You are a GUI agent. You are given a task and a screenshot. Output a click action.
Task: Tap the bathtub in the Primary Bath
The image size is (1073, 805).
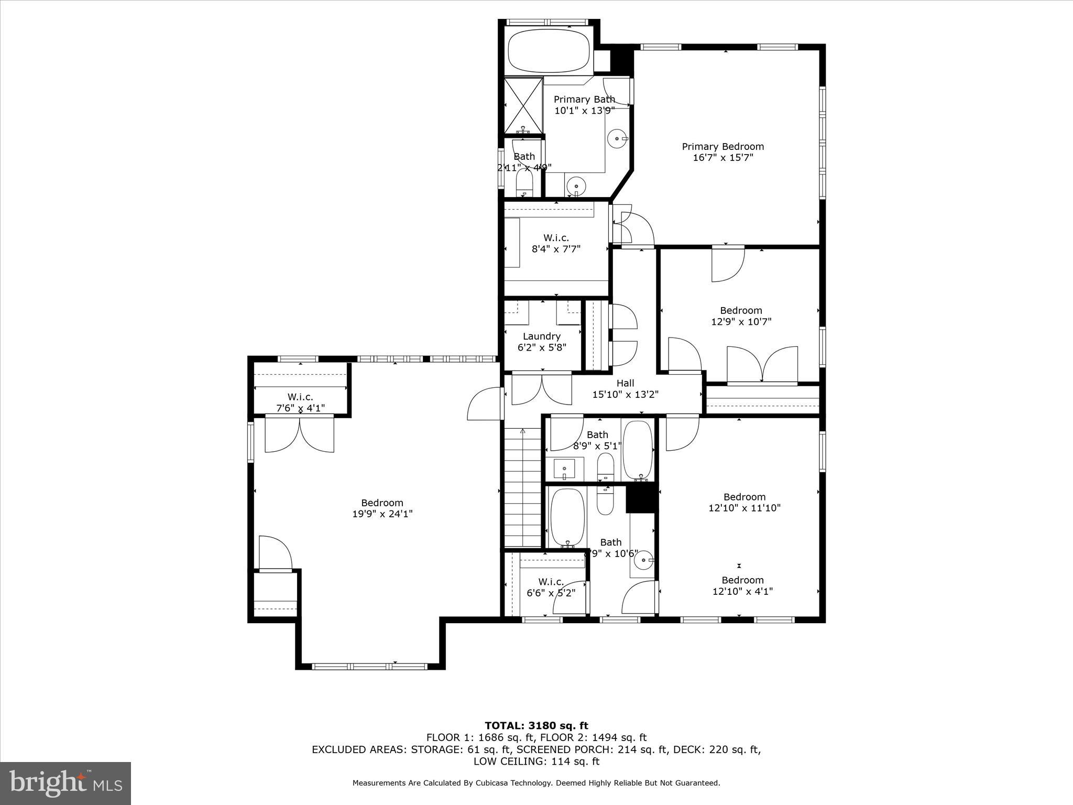point(549,50)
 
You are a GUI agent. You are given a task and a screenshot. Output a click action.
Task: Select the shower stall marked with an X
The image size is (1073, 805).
point(523,104)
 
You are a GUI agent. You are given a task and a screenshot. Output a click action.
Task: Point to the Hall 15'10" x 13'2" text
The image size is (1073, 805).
point(625,389)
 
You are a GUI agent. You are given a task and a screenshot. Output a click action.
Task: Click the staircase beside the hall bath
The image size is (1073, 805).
point(522,487)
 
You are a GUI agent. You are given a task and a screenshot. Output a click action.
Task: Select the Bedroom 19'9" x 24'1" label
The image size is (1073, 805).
point(382,508)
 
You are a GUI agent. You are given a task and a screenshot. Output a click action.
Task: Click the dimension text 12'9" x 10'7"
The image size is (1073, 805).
point(741,322)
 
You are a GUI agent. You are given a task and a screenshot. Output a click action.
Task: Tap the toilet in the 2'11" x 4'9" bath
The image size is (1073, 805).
point(524,183)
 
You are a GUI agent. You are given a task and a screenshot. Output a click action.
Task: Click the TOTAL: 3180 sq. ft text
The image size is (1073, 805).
point(536,726)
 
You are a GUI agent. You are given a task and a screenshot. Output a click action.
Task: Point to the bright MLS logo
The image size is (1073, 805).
point(65,783)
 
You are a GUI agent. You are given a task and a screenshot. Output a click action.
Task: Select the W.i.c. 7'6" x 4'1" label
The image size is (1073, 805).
point(300,402)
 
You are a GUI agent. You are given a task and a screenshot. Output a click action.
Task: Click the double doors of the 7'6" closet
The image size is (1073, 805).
point(300,434)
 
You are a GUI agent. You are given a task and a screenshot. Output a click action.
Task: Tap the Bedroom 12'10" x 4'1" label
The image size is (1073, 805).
point(742,585)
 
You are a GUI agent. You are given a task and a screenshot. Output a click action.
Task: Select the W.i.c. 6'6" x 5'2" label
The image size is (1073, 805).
point(551,588)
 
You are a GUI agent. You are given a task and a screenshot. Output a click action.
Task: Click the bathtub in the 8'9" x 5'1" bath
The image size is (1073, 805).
point(637,450)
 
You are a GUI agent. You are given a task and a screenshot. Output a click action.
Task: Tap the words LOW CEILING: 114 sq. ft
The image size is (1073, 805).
point(536,762)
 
